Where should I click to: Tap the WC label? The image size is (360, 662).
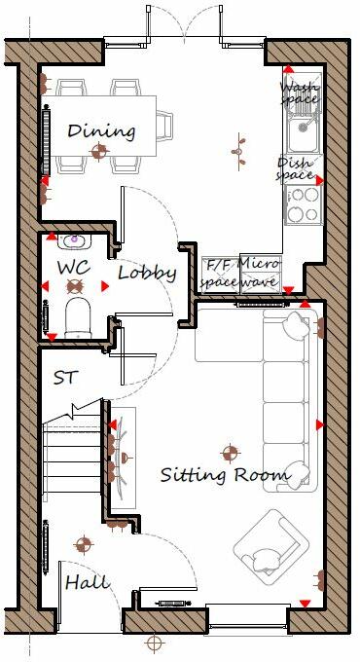tap(74, 266)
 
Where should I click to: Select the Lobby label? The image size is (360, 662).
tap(146, 273)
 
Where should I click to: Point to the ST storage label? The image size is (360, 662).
tap(66, 377)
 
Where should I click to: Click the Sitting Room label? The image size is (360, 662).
tap(225, 475)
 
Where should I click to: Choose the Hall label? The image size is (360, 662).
tap(87, 582)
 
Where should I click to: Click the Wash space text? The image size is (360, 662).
tap(299, 92)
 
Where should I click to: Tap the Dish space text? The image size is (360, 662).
tap(296, 168)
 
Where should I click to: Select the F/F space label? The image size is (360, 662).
tap(218, 273)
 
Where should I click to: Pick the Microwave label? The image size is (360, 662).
tap(260, 273)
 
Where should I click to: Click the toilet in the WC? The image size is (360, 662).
tap(75, 313)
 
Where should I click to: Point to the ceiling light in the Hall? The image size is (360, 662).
tap(85, 543)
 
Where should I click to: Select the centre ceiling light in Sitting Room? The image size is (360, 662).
tap(231, 451)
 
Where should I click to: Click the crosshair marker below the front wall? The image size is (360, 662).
tap(153, 644)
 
